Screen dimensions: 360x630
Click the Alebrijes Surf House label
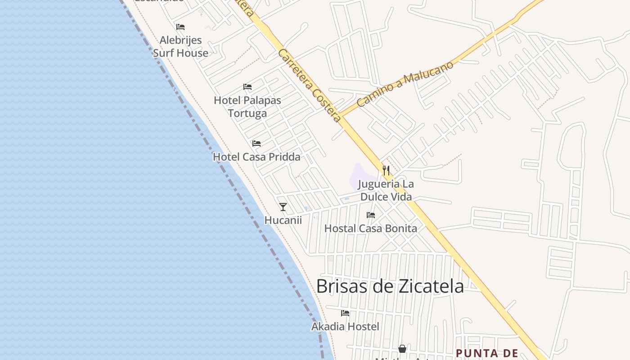(x=180, y=46)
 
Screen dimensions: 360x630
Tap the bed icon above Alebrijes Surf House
(x=180, y=27)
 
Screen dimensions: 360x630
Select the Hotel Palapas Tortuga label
(x=247, y=107)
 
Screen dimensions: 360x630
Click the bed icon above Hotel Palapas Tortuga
(x=247, y=87)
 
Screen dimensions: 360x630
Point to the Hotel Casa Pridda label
(x=256, y=157)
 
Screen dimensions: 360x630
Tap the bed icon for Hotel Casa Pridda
(x=256, y=144)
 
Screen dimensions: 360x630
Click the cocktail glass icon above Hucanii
(x=283, y=207)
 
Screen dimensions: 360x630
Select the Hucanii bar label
(x=283, y=220)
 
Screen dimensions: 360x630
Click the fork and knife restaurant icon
(x=386, y=170)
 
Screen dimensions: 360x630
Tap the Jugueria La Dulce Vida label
(x=386, y=190)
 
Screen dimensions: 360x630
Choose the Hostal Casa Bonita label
(x=370, y=228)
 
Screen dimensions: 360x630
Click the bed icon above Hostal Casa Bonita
(x=370, y=215)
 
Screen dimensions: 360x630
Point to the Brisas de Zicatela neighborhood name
(x=390, y=286)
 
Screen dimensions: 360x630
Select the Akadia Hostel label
(x=345, y=326)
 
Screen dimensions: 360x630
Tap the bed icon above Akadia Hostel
(x=345, y=313)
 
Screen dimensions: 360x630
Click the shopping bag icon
(x=402, y=349)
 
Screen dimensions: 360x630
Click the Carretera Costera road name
(x=309, y=85)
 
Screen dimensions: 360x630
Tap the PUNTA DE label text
(x=487, y=353)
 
